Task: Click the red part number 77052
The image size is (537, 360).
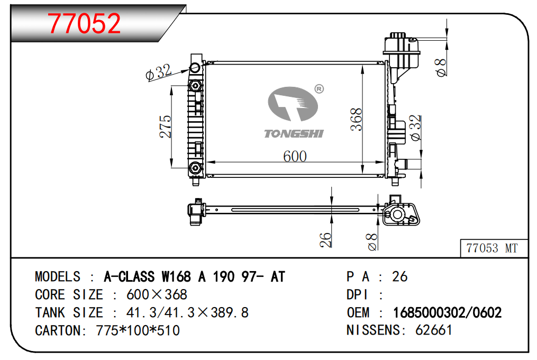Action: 84,23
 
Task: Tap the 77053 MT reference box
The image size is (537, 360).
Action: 494,248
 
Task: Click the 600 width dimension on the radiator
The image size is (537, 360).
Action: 295,156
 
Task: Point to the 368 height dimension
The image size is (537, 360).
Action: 356,119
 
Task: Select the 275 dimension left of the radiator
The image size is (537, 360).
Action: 165,127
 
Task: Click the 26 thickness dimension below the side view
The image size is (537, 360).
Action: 326,240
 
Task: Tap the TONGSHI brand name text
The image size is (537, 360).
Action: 294,133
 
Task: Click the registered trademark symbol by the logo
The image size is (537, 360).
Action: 319,89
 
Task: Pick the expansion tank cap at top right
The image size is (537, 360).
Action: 398,35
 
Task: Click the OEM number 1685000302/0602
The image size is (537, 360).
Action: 447,313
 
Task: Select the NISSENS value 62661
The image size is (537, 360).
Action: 434,330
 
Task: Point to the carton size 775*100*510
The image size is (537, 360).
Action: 138,330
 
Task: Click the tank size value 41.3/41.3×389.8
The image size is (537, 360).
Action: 187,313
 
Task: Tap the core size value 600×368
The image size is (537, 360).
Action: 157,294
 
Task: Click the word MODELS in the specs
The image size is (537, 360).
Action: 58,277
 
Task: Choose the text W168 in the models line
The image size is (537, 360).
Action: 176,277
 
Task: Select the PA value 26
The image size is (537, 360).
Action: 399,277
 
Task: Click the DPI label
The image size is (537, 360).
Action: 357,295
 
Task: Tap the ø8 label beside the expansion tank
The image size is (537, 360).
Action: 441,67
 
